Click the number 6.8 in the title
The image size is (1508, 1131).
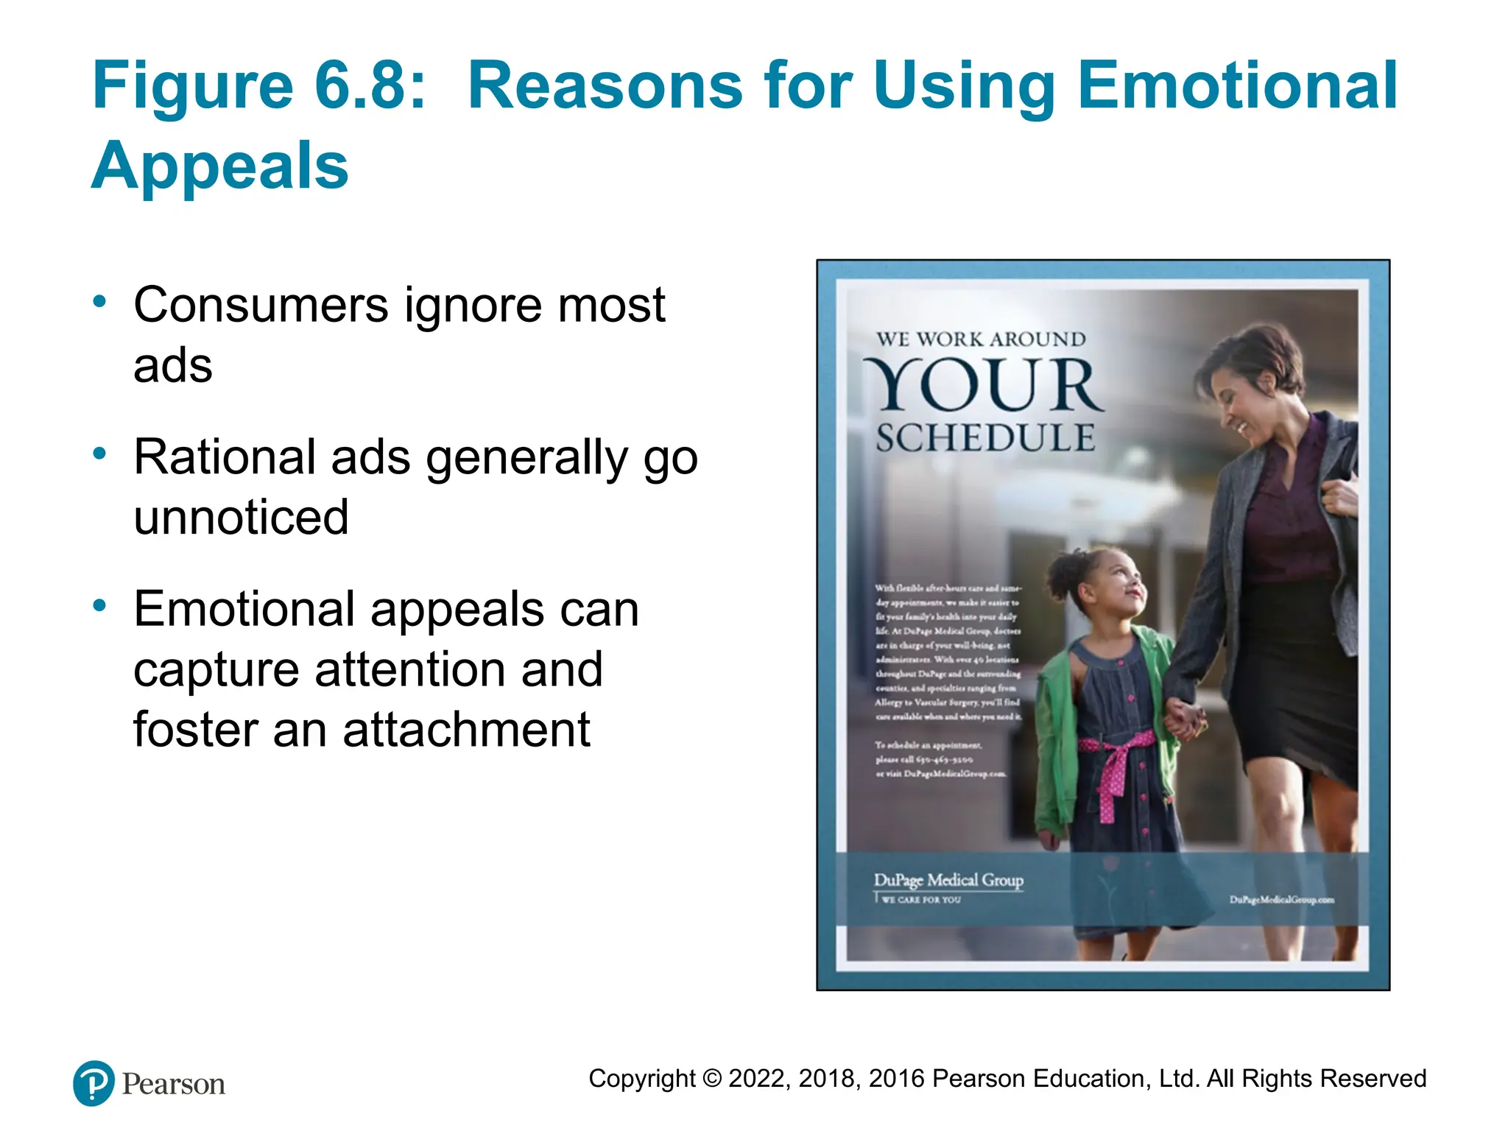point(370,86)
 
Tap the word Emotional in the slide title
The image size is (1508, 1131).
point(1237,86)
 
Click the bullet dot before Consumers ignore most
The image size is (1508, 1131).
point(99,301)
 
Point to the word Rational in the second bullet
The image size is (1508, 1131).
point(225,457)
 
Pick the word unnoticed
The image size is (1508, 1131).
point(241,518)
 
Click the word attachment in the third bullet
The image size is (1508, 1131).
point(466,730)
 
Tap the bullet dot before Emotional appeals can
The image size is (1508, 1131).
point(99,605)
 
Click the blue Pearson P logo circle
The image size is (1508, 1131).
point(94,1083)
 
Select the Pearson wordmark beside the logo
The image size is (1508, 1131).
point(174,1085)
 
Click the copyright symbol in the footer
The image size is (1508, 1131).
point(712,1079)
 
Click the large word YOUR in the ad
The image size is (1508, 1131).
point(983,386)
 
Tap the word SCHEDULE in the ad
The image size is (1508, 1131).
point(985,438)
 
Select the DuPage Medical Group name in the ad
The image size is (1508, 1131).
point(948,880)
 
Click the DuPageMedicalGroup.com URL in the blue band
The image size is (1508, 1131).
point(1281,900)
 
